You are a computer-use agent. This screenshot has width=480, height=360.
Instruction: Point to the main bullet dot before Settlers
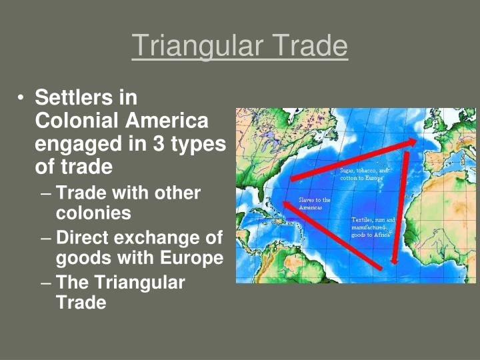(x=21, y=99)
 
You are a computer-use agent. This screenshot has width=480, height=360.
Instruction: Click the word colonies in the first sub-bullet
(x=93, y=213)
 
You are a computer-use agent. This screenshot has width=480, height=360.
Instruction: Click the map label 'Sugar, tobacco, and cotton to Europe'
(x=363, y=175)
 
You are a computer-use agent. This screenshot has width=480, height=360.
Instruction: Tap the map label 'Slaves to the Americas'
(x=315, y=203)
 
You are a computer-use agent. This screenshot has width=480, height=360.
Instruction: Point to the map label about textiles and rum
(x=373, y=227)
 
